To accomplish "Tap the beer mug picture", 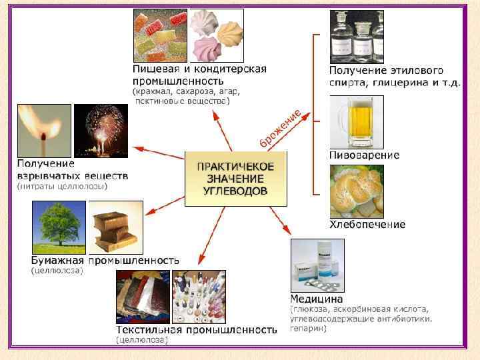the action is (x=356, y=121).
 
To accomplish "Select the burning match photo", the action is (x=44, y=130).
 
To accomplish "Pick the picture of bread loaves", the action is (x=356, y=191).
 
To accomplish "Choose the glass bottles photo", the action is (x=357, y=36).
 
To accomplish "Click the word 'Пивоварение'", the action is (x=365, y=155).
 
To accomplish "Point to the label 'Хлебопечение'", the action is (x=367, y=224).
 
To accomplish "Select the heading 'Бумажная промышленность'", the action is (x=105, y=260).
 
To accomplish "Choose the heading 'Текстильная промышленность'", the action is (x=196, y=329).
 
